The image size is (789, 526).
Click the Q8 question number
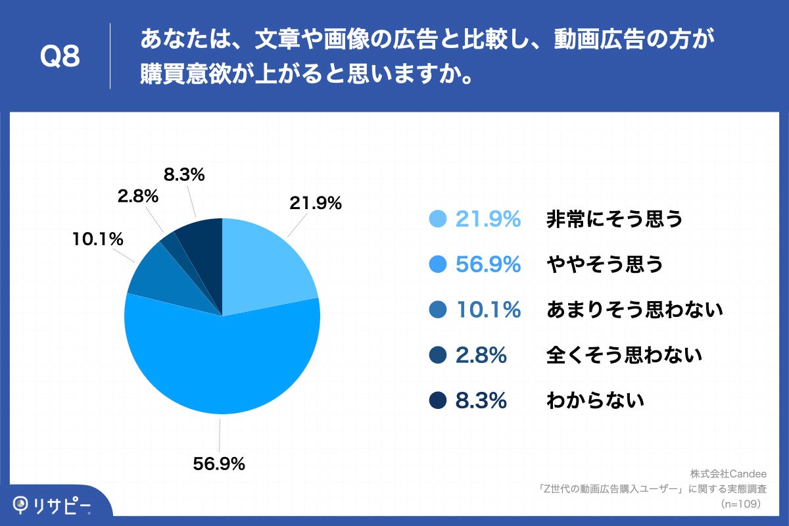coord(60,57)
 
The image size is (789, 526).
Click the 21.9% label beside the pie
coord(316,204)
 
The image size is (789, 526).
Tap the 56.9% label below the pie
coord(219,464)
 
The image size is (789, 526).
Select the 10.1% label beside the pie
coord(98,239)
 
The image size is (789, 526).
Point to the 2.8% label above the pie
coord(138,196)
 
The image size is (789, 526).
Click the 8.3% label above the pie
coord(183,175)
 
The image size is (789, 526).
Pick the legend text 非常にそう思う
coord(615,220)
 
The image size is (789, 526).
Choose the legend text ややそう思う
coord(604,264)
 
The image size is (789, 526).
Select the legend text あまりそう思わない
coord(634,309)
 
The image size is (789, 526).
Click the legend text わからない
coord(595,400)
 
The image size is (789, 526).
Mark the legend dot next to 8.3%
coord(437,400)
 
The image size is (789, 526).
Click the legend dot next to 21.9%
coord(437,220)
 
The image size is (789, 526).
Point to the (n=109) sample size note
coord(740,504)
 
